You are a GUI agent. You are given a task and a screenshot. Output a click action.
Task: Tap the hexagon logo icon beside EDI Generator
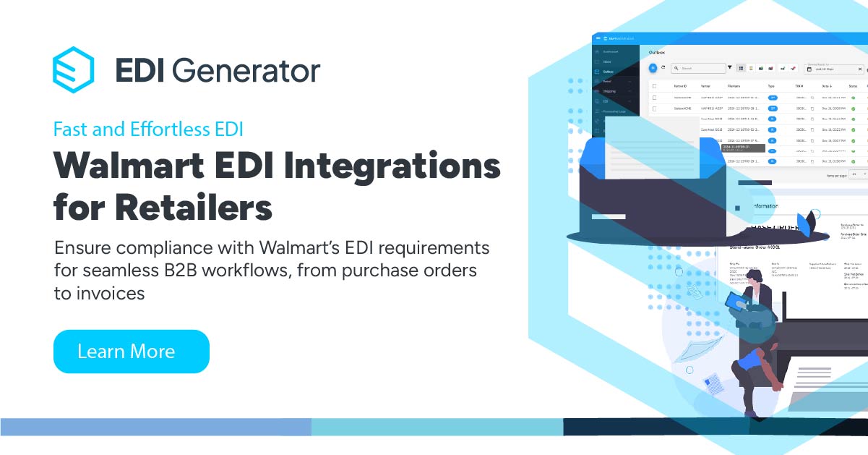(73, 69)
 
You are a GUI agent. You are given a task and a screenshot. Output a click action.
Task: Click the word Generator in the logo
(246, 70)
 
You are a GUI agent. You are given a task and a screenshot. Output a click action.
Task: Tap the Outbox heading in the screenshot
(656, 53)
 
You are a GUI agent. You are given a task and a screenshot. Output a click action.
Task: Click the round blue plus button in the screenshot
(653, 68)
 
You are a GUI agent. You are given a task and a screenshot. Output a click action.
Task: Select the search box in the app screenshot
(698, 68)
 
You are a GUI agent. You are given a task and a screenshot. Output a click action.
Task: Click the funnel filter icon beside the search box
(729, 68)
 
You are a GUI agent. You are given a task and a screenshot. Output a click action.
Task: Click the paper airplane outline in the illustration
(683, 352)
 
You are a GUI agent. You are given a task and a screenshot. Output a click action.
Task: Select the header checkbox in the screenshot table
(654, 85)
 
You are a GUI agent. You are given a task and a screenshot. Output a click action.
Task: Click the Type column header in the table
(770, 85)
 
